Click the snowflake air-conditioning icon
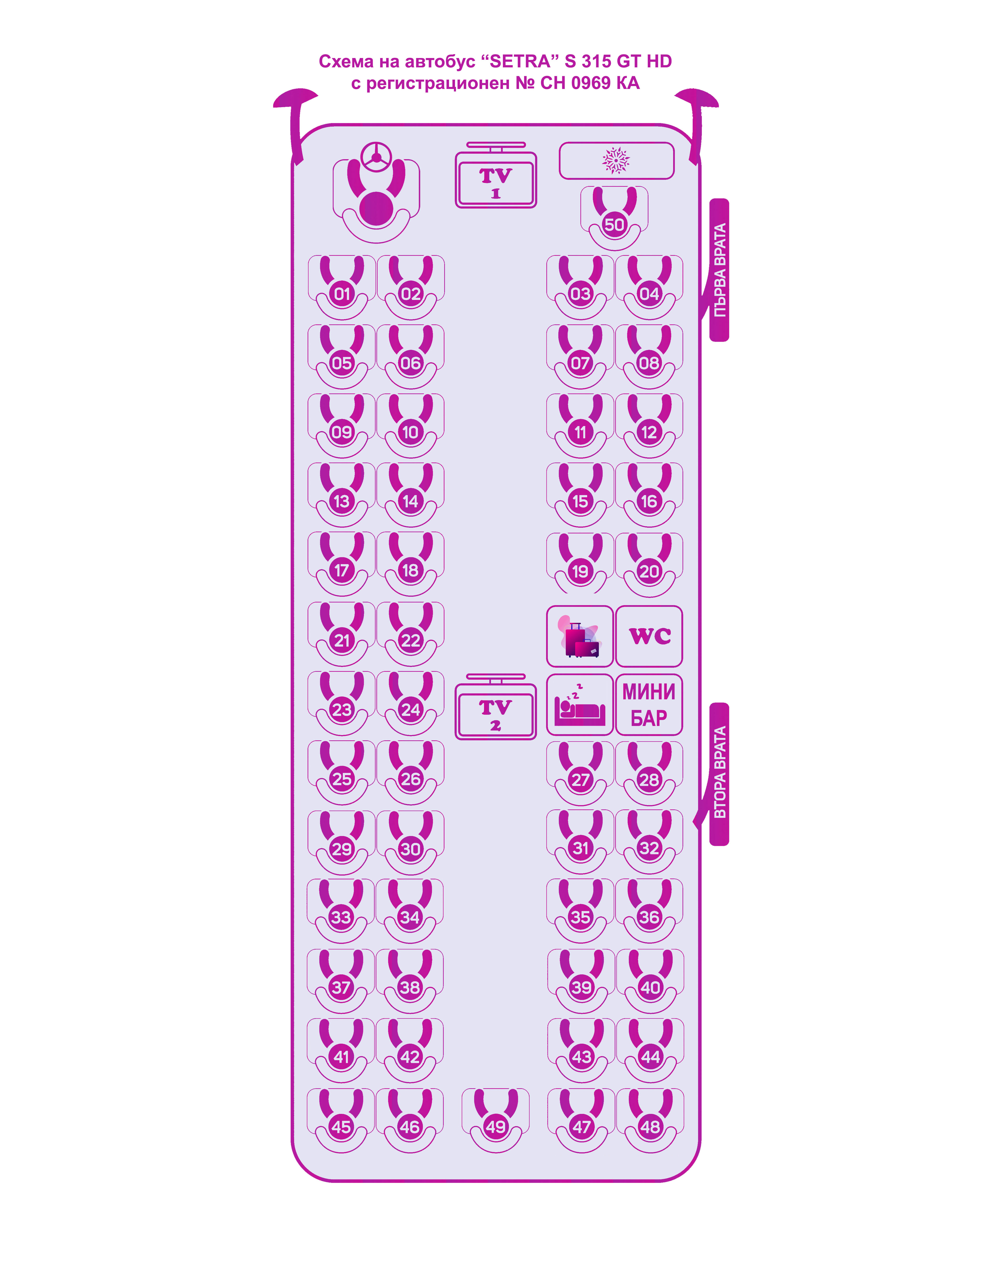pyautogui.click(x=616, y=161)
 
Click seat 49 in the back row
pyautogui.click(x=495, y=1127)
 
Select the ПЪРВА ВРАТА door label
pyautogui.click(x=719, y=270)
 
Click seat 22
pyautogui.click(x=410, y=640)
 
